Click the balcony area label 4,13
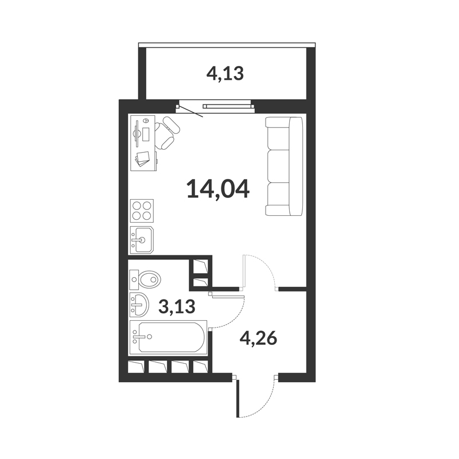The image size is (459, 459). tap(225, 74)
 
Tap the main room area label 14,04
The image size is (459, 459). tap(218, 190)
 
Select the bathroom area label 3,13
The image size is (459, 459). tap(177, 307)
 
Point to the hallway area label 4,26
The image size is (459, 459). tap(258, 339)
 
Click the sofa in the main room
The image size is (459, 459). tap(283, 166)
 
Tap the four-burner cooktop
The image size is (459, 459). tap(142, 211)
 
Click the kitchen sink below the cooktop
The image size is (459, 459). tap(142, 240)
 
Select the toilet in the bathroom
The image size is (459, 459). tap(146, 279)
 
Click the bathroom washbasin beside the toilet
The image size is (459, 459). tap(139, 305)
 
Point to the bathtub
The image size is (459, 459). tap(168, 337)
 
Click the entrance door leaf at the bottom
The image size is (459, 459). tap(238, 398)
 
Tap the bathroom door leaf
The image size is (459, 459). tap(228, 297)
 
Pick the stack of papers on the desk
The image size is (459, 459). tap(142, 159)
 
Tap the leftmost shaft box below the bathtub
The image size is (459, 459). tap(137, 367)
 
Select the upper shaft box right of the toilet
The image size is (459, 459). tap(201, 266)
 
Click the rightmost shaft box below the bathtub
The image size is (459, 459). tap(201, 367)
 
